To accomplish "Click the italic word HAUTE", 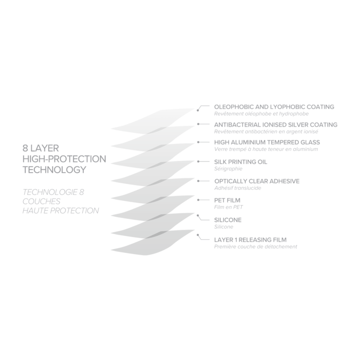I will [x=35, y=211].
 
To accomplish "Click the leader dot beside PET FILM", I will [x=200, y=199].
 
